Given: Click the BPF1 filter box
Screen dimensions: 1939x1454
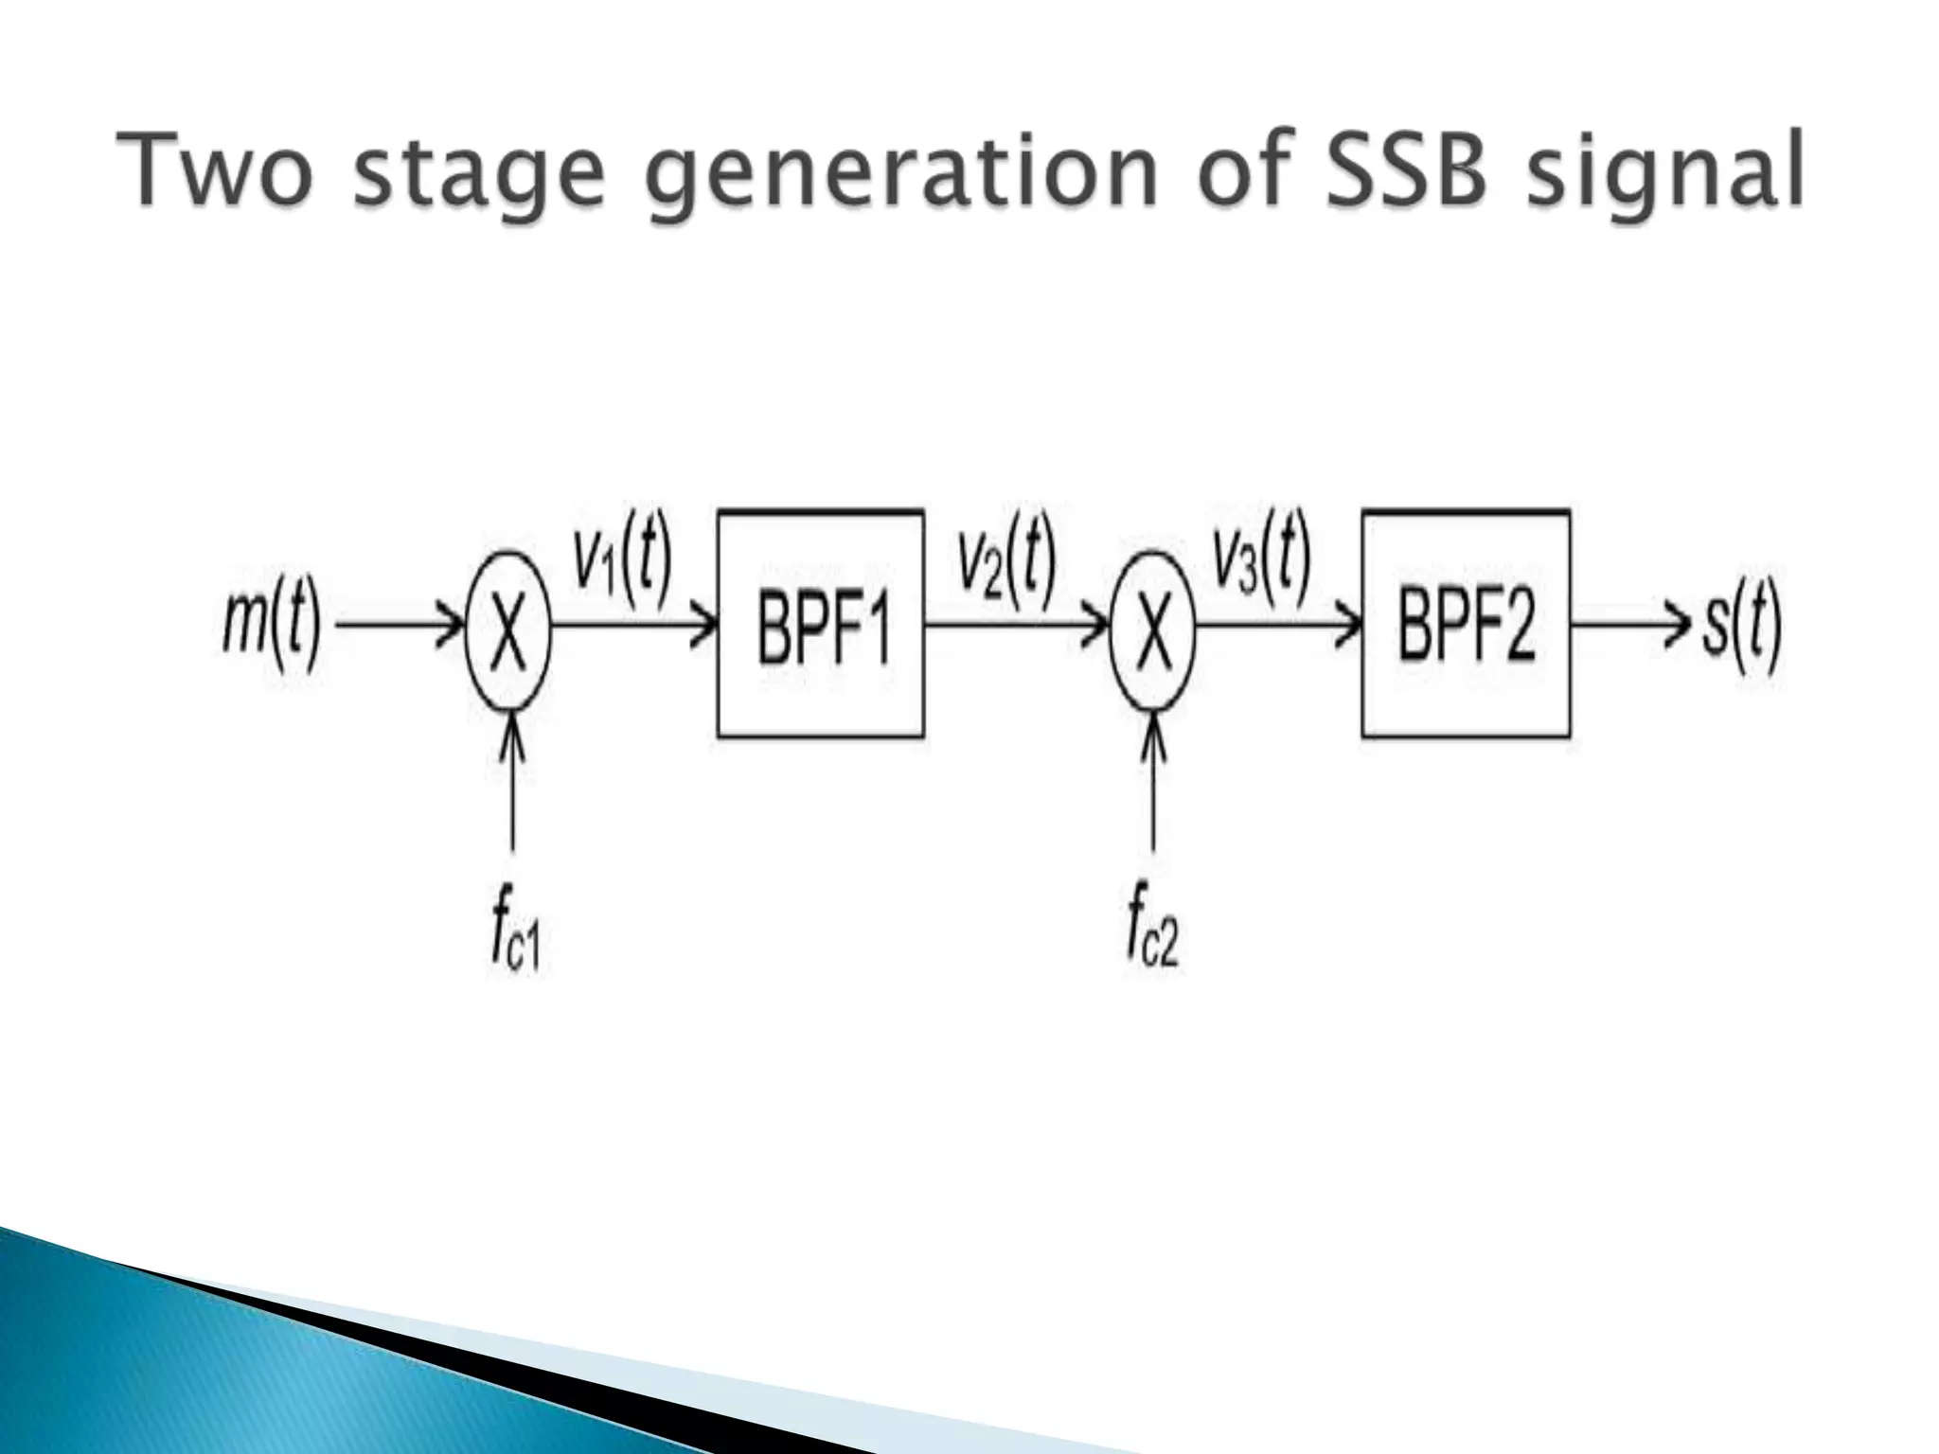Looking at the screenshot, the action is pos(821,624).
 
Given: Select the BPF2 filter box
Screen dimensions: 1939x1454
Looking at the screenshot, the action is pos(1466,624).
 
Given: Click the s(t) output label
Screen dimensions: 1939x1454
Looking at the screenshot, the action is pos(1742,627).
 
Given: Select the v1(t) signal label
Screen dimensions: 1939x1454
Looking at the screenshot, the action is pos(623,564).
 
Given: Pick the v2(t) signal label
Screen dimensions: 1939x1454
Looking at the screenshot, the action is pos(1005,564).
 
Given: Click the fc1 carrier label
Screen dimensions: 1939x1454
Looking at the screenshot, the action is pos(515,938).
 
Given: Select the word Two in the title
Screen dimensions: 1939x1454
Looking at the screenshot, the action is pos(214,173).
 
